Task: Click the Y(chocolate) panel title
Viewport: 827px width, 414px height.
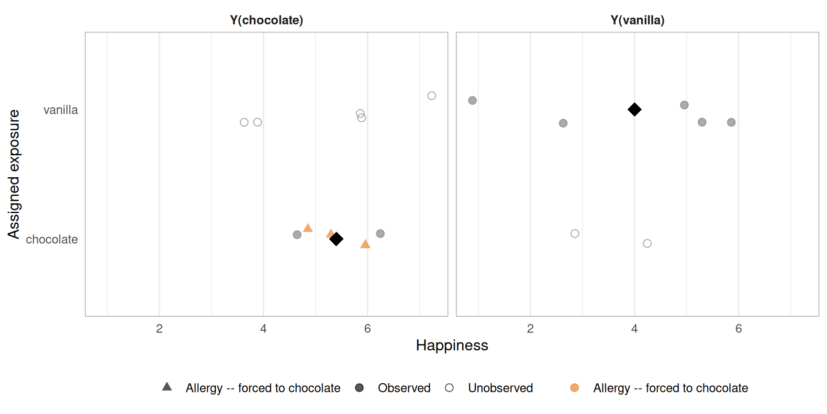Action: pyautogui.click(x=266, y=20)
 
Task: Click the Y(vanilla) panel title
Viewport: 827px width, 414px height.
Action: pyautogui.click(x=637, y=20)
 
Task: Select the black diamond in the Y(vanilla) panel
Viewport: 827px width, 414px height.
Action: pyautogui.click(x=634, y=110)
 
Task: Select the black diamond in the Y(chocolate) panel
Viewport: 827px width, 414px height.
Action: pyautogui.click(x=336, y=239)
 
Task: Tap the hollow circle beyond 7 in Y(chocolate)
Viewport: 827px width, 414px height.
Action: pyautogui.click(x=431, y=96)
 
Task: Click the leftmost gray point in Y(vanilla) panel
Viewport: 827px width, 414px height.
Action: pyautogui.click(x=472, y=101)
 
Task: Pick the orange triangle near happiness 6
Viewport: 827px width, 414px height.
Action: pyautogui.click(x=365, y=244)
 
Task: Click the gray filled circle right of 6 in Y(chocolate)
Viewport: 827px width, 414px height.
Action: pyautogui.click(x=380, y=233)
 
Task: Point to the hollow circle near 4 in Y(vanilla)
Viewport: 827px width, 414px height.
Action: pyautogui.click(x=647, y=243)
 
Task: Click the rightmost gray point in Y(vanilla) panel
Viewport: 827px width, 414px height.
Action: pyautogui.click(x=731, y=122)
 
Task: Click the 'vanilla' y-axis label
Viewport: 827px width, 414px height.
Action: pyautogui.click(x=60, y=110)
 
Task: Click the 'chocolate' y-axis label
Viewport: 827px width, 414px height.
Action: pyautogui.click(x=52, y=240)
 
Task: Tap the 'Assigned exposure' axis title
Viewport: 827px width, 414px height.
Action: pyautogui.click(x=14, y=174)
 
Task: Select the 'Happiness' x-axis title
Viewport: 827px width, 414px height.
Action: pyautogui.click(x=451, y=345)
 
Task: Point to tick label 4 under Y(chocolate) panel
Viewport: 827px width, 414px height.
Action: pyautogui.click(x=263, y=329)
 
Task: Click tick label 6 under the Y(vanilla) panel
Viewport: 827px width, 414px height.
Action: pyautogui.click(x=738, y=329)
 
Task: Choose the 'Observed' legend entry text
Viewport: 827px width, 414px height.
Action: pyautogui.click(x=404, y=388)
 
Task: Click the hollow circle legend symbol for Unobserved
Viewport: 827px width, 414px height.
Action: pyautogui.click(x=449, y=388)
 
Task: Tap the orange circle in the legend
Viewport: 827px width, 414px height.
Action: pyautogui.click(x=574, y=388)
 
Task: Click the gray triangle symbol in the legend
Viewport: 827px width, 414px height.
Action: pyautogui.click(x=167, y=387)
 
